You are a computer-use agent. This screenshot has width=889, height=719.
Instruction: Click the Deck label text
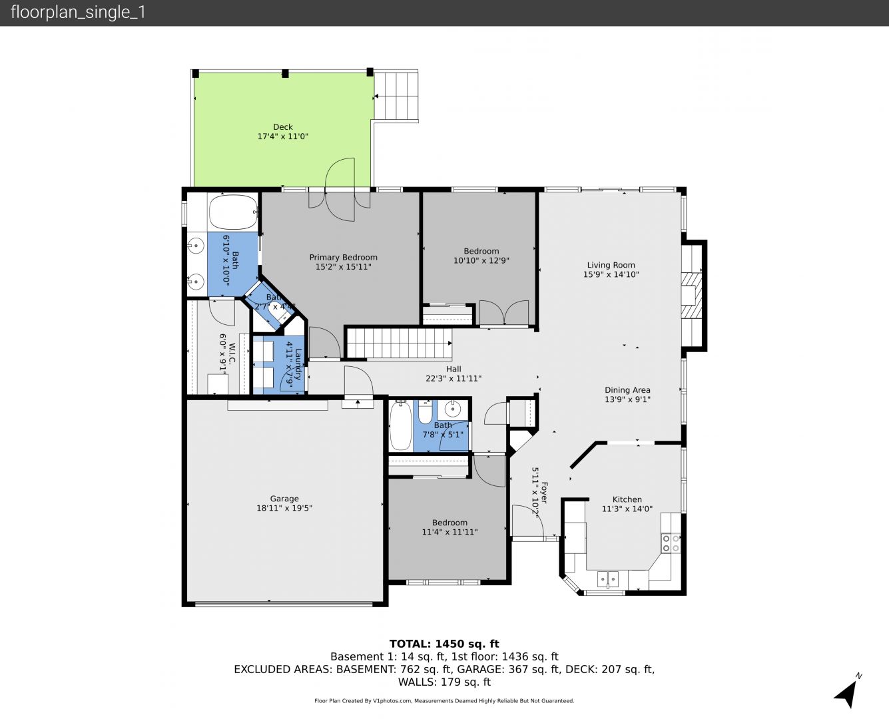(282, 127)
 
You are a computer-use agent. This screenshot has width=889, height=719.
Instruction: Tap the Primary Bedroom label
(343, 258)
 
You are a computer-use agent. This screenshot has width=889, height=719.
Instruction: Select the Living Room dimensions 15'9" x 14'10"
(611, 274)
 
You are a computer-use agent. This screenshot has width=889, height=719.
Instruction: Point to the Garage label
(284, 499)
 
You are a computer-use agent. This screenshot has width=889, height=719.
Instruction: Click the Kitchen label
(627, 499)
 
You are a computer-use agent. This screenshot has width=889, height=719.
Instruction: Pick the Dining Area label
(627, 390)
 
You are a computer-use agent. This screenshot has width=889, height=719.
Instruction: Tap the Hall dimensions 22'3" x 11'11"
(453, 379)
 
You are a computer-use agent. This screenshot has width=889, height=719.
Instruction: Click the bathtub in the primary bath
(233, 212)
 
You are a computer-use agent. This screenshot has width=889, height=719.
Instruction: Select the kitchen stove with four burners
(671, 543)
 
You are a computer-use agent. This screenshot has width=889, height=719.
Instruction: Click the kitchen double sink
(608, 579)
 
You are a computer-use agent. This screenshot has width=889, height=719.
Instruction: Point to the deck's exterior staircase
(396, 96)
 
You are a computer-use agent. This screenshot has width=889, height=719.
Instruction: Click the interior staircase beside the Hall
(400, 344)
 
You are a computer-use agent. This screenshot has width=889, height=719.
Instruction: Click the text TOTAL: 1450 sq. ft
(444, 644)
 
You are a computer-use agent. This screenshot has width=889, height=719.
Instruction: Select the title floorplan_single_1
(78, 13)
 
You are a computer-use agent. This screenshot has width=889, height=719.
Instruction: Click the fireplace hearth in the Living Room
(692, 296)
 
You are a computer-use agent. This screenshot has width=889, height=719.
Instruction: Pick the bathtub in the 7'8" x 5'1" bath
(401, 425)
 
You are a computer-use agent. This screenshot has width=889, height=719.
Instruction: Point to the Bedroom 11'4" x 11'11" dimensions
(449, 532)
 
